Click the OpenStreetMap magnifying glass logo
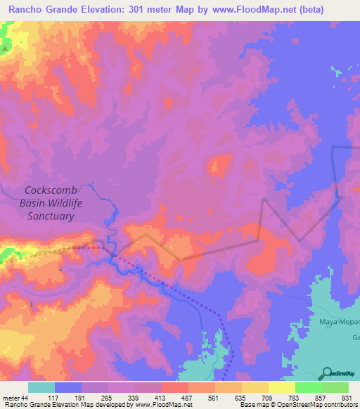tap(326, 373)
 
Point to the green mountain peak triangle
tap(5, 49)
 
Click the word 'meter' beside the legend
tap(11, 398)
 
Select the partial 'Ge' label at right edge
tap(355, 337)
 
